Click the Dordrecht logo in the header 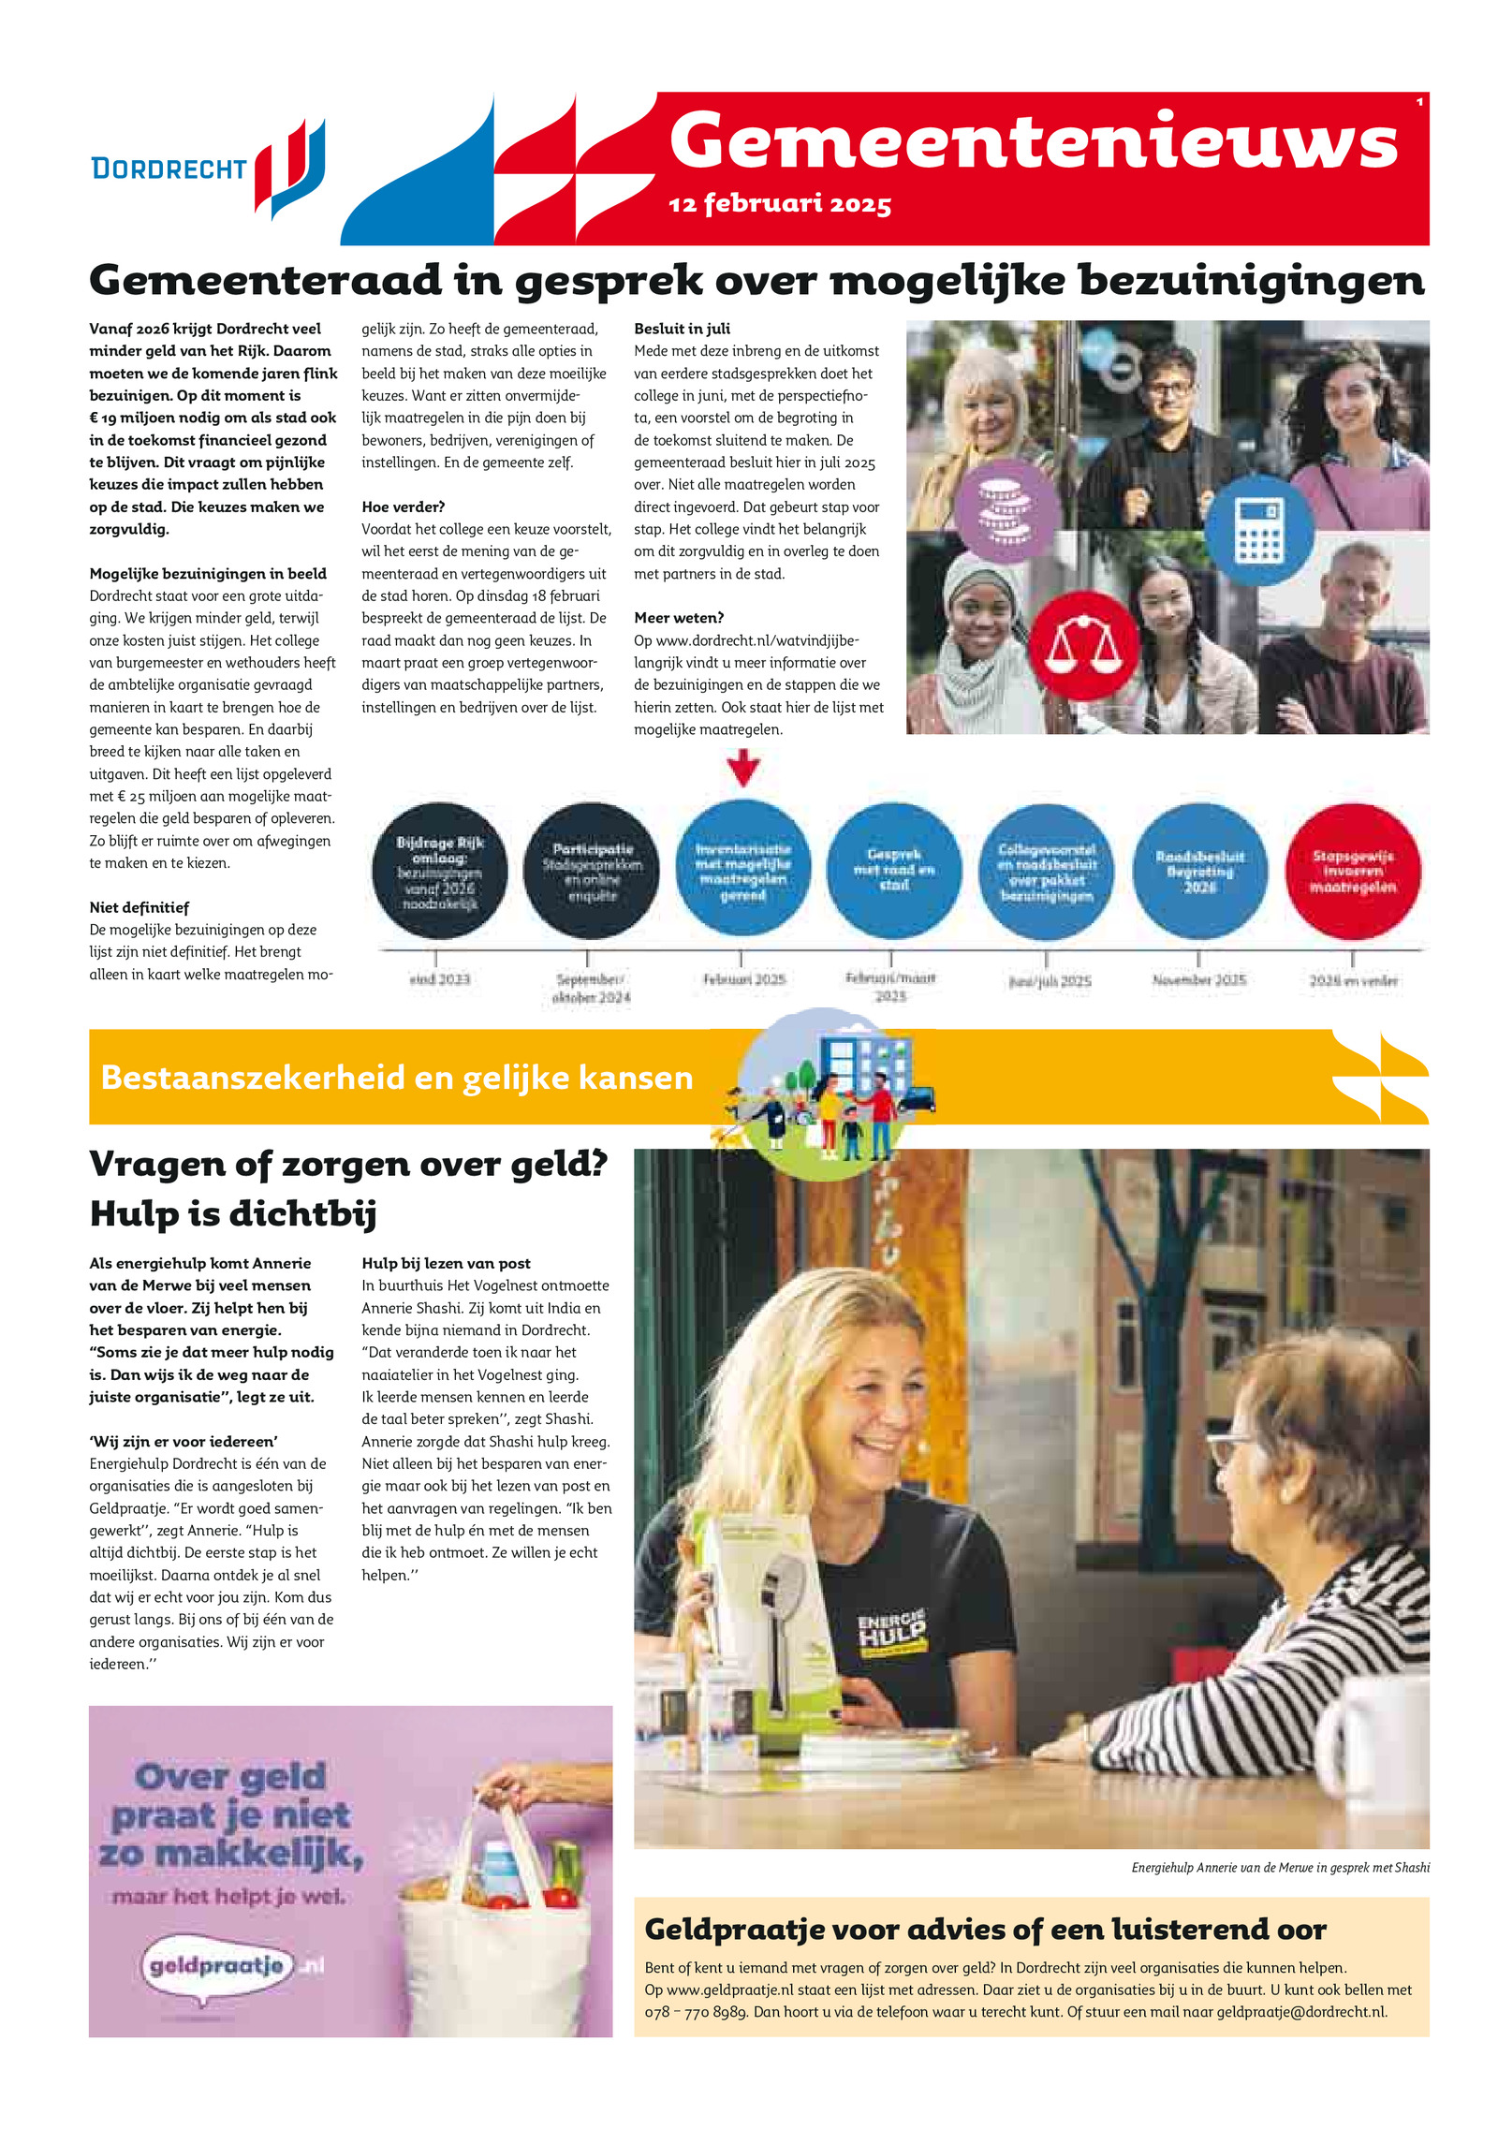tap(208, 169)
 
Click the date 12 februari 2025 tap(779, 203)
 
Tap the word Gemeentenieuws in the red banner tap(1033, 141)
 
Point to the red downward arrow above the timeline tap(742, 769)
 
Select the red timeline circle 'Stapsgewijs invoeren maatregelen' tap(1352, 871)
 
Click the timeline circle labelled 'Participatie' tap(592, 871)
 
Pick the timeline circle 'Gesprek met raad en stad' tap(893, 871)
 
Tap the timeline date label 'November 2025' tap(1198, 979)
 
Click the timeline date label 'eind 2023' tap(439, 979)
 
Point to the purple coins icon tap(1006, 511)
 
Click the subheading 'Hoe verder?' tap(403, 507)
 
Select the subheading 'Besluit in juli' tap(682, 329)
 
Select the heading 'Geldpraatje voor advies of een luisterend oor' tap(985, 1930)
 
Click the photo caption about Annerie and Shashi tap(1279, 1868)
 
